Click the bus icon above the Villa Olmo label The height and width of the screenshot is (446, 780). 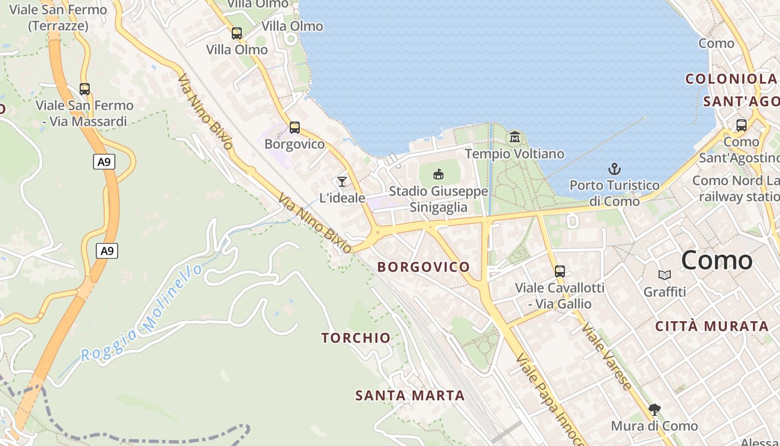click(x=237, y=33)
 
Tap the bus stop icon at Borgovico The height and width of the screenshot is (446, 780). click(x=295, y=128)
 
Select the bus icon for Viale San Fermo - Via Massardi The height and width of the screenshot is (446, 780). click(x=85, y=89)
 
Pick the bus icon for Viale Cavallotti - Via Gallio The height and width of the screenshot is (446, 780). click(x=560, y=272)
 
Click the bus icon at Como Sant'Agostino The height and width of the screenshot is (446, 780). click(x=742, y=125)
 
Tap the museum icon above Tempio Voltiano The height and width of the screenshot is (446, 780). click(x=515, y=137)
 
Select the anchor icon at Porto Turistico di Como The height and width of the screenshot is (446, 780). click(x=615, y=169)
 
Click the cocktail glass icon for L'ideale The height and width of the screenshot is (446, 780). click(x=342, y=182)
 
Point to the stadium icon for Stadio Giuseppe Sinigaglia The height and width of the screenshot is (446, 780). click(x=438, y=174)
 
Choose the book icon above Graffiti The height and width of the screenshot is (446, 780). click(x=665, y=275)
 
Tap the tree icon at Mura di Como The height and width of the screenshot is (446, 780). click(x=655, y=410)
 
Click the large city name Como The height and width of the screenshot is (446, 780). click(x=716, y=260)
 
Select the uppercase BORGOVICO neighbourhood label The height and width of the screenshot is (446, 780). click(x=423, y=267)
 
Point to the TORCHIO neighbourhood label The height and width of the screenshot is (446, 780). click(x=356, y=338)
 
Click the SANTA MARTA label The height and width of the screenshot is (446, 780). click(x=410, y=396)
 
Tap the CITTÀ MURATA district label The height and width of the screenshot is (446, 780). click(x=712, y=327)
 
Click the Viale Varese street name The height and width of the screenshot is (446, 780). click(x=607, y=356)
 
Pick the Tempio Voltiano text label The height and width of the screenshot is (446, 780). click(x=514, y=154)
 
